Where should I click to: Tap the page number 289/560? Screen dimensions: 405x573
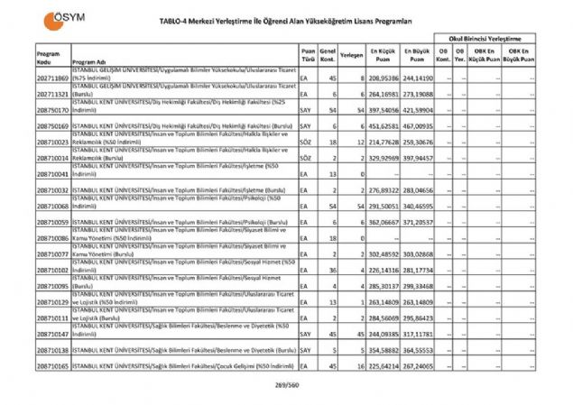287,385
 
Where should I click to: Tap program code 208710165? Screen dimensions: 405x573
54,366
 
